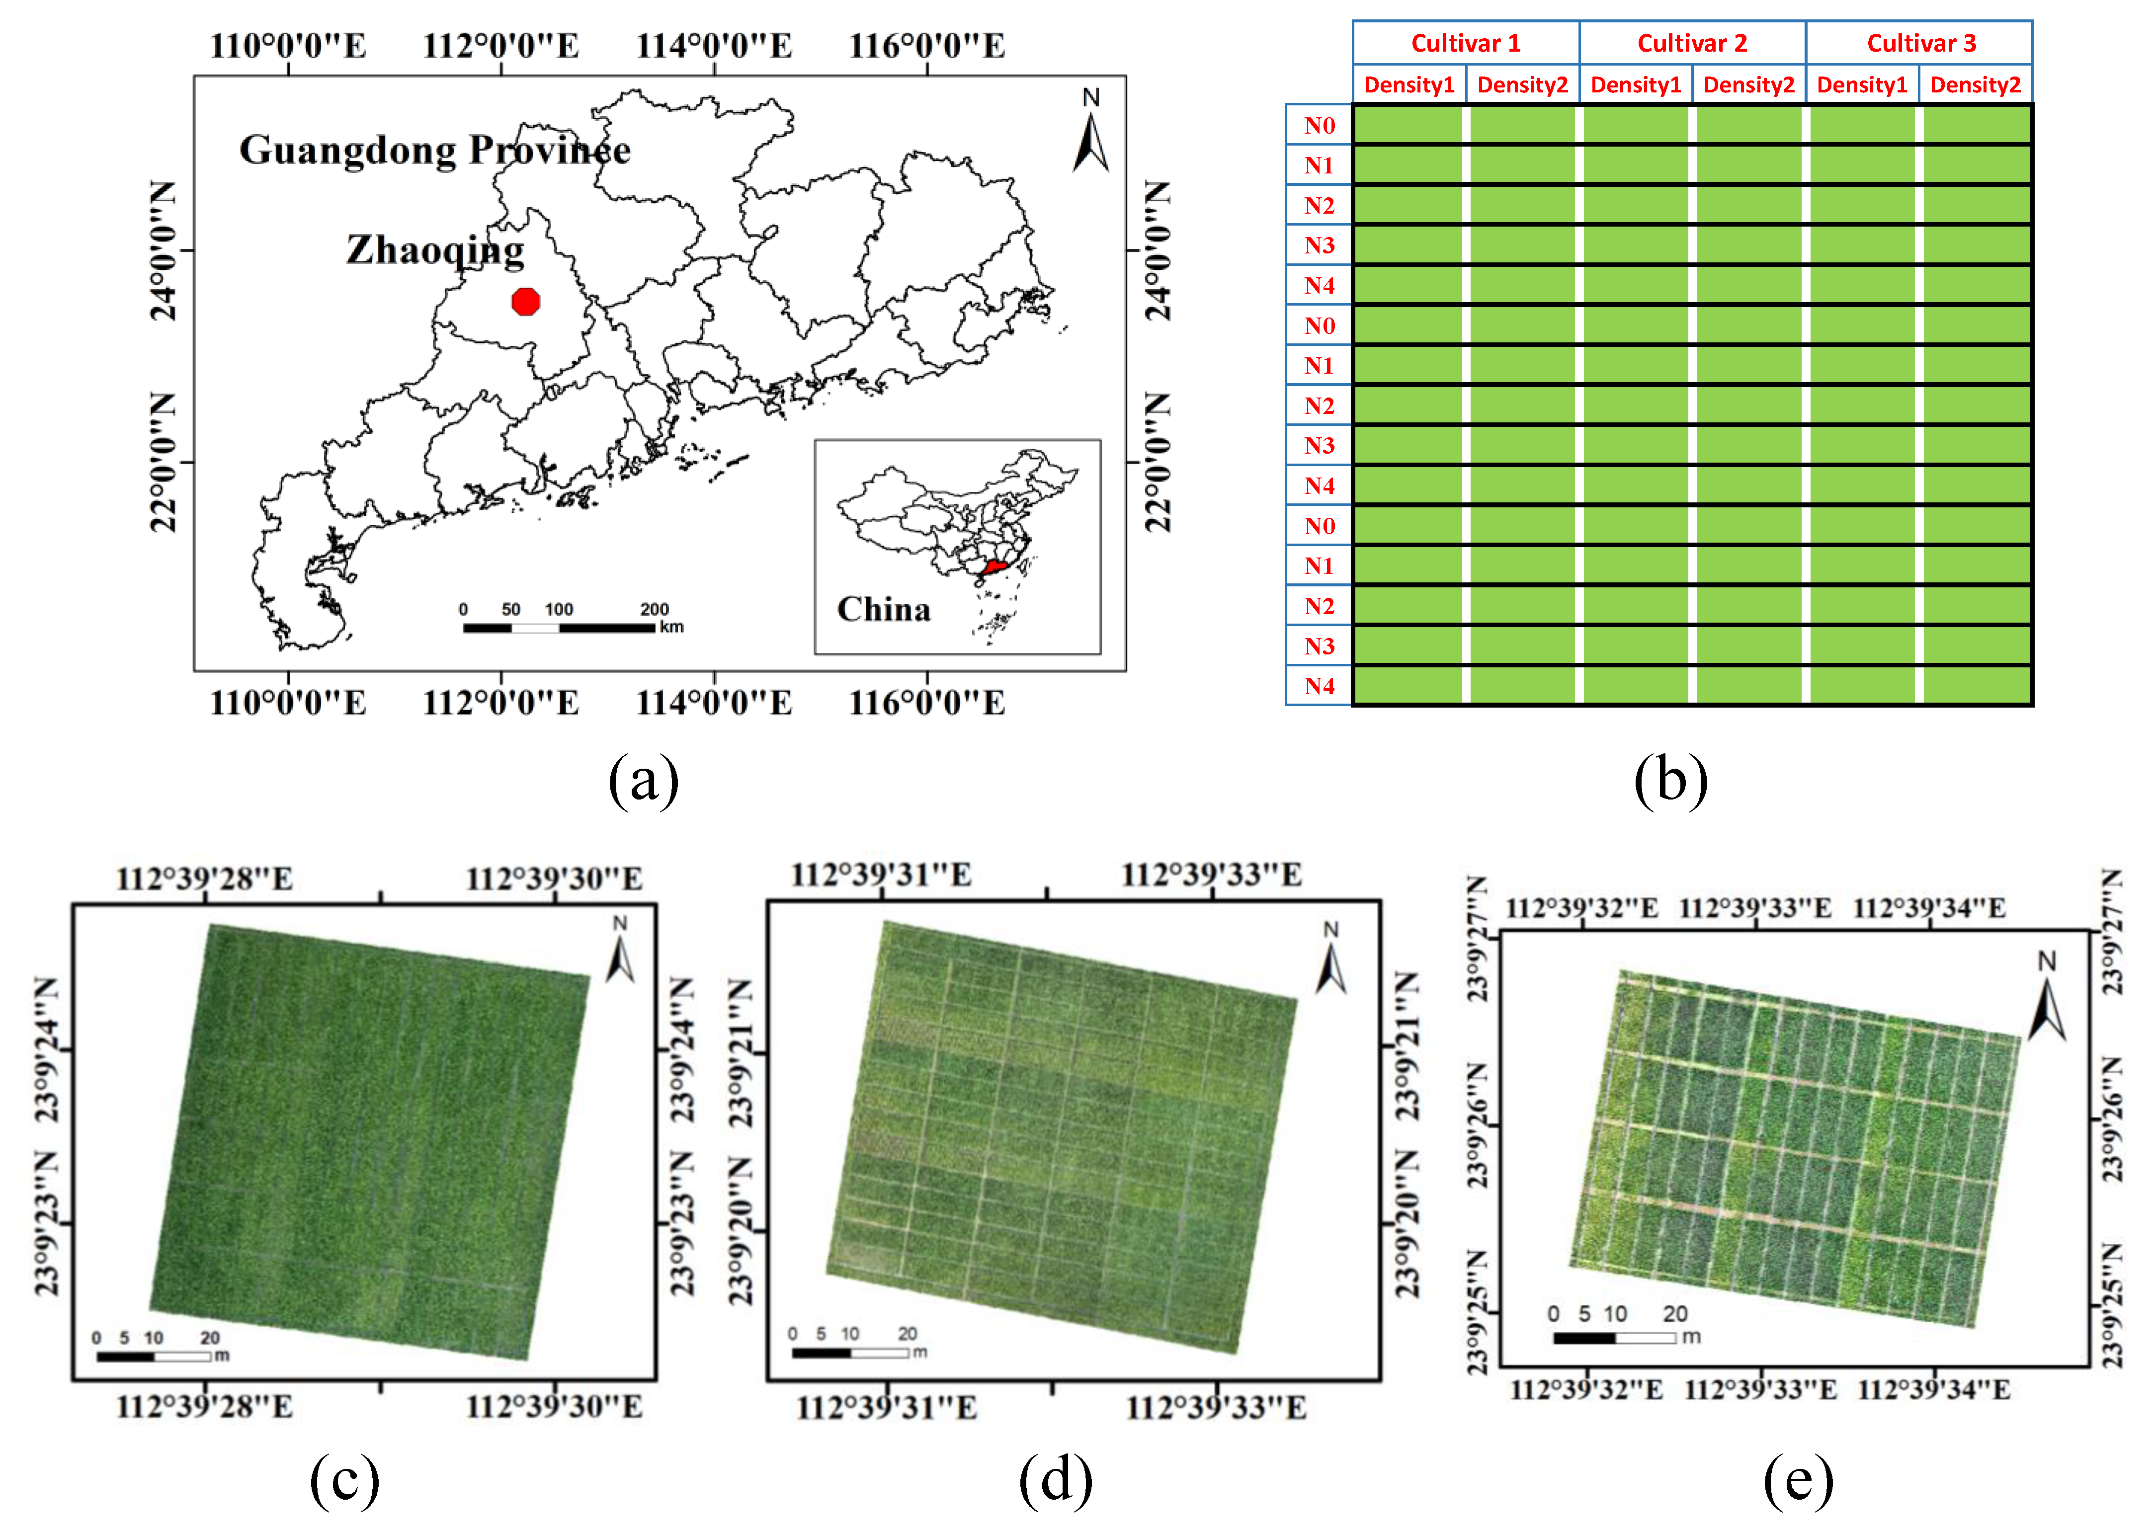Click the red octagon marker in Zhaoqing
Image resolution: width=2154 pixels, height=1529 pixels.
pyautogui.click(x=525, y=301)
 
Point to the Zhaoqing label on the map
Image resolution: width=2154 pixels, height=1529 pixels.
pyautogui.click(x=435, y=249)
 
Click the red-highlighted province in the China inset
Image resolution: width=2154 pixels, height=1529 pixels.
pyautogui.click(x=993, y=567)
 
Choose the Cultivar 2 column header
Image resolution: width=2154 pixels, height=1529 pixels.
pyautogui.click(x=1692, y=43)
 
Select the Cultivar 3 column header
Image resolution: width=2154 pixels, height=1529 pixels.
pyautogui.click(x=1920, y=43)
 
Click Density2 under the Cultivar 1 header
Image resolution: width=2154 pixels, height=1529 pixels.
pyautogui.click(x=1522, y=85)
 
